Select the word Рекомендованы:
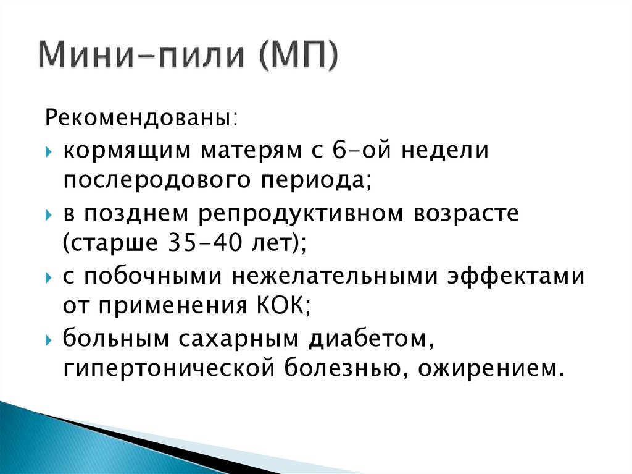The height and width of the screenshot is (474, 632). pyautogui.click(x=138, y=117)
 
